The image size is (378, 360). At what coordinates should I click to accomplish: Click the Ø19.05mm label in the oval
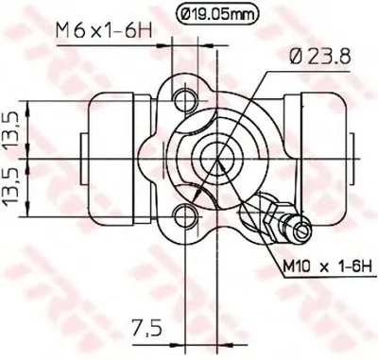point(216,13)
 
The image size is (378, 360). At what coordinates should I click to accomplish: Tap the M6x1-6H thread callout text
point(104,31)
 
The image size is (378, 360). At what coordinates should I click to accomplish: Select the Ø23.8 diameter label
point(320,57)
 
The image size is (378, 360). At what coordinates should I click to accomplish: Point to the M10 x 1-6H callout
point(327,268)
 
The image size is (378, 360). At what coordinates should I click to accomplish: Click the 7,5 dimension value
point(147,329)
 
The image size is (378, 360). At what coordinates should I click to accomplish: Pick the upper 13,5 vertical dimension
point(12,129)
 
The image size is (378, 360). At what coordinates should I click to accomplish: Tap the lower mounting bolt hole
point(184,216)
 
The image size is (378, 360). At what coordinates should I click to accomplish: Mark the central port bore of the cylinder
point(216,158)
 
